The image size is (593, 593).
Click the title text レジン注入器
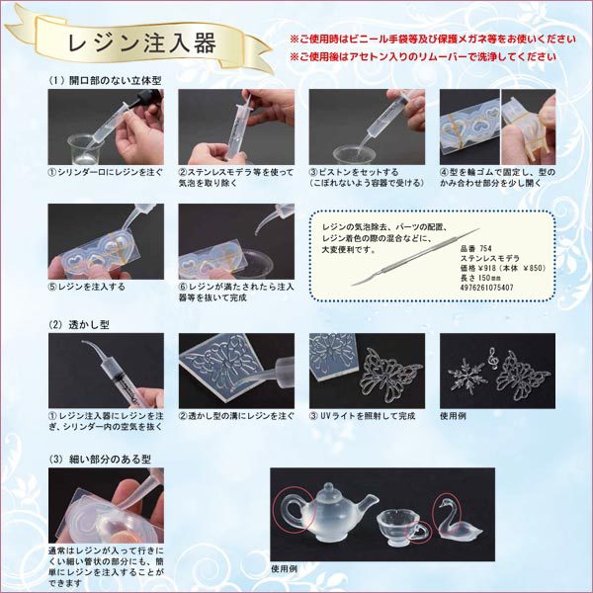[138, 44]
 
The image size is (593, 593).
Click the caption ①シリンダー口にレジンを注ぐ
[105, 170]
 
